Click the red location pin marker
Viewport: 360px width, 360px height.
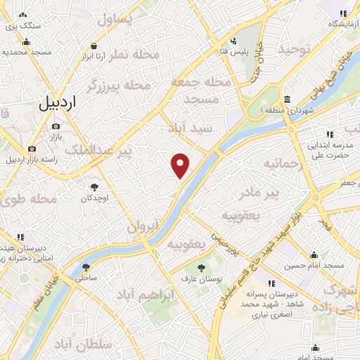pyautogui.click(x=181, y=166)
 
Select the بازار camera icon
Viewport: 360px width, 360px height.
pyautogui.click(x=56, y=126)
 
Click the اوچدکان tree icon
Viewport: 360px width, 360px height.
pyautogui.click(x=94, y=187)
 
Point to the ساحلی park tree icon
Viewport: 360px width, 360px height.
pyautogui.click(x=86, y=266)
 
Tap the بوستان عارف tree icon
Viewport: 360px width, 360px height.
pyautogui.click(x=201, y=267)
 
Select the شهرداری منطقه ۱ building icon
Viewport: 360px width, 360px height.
pyautogui.click(x=288, y=98)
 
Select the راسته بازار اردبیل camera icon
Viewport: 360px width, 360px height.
pyautogui.click(x=32, y=148)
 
